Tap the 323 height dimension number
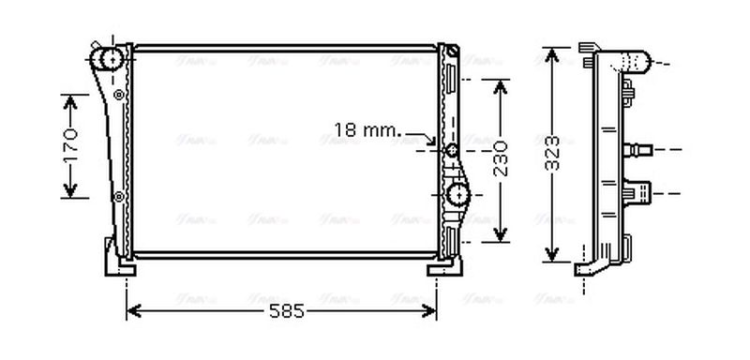coord(554,152)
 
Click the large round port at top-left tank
coord(112,59)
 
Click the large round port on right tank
coord(458,195)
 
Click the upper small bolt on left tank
coord(118,95)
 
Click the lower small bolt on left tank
coord(118,196)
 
